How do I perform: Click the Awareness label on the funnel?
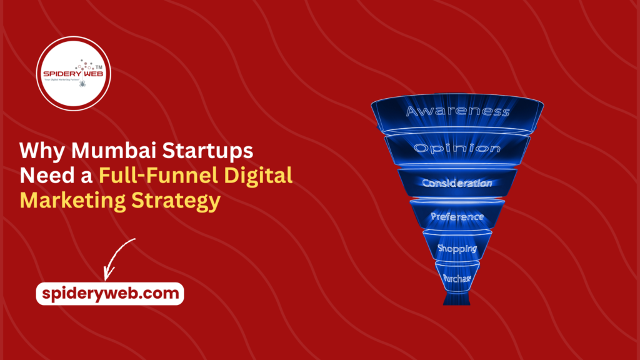457,112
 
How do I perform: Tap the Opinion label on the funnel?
457,149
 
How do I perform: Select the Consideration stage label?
457,184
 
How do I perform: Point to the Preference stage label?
457,217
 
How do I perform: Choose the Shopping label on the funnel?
457,249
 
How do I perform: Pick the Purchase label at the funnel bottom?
457,278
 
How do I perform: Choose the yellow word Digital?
263,177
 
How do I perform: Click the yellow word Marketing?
76,201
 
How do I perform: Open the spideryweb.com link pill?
110,293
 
